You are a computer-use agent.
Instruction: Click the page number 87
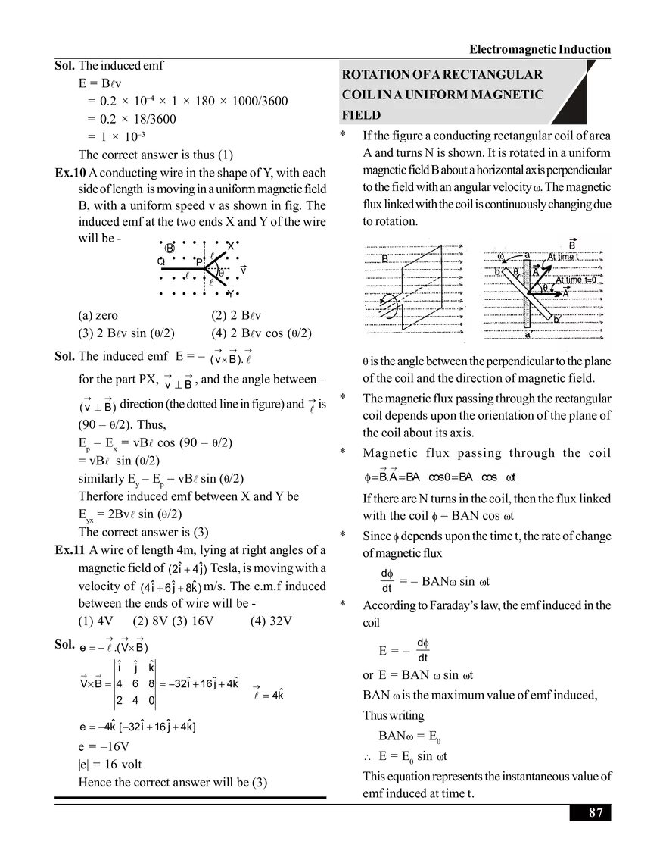pyautogui.click(x=596, y=813)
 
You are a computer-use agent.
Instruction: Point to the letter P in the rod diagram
pyautogui.click(x=198, y=262)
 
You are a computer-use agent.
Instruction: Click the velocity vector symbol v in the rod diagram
pyautogui.click(x=242, y=269)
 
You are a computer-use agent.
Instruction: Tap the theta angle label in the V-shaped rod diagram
pyautogui.click(x=220, y=273)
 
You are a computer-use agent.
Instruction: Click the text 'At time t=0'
pyautogui.click(x=580, y=280)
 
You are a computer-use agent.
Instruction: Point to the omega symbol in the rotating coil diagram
pyautogui.click(x=501, y=255)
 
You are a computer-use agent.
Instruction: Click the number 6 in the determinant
pyautogui.click(x=134, y=683)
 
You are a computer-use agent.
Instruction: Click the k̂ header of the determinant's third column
pyautogui.click(x=151, y=667)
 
